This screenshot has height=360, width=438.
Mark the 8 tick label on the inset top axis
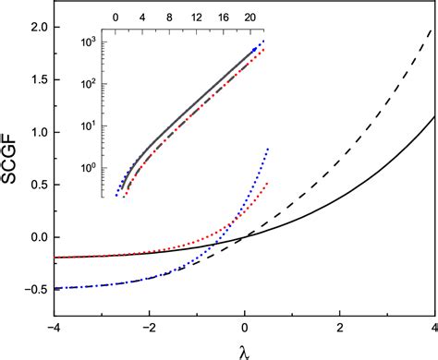pos(169,18)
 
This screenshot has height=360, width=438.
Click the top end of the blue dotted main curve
pos(268,148)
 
